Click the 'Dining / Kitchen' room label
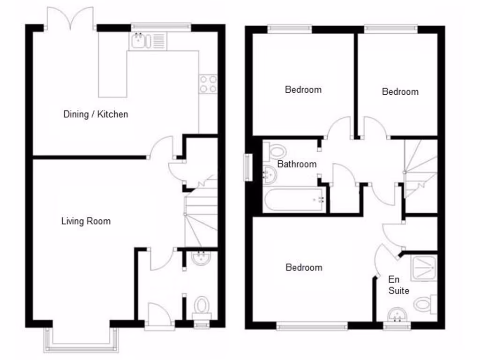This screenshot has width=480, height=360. tap(96, 114)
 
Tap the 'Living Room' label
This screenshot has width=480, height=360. tap(86, 221)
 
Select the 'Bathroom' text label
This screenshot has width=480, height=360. tap(297, 164)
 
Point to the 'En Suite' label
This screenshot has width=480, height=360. tap(398, 285)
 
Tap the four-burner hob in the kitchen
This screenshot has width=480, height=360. tap(208, 84)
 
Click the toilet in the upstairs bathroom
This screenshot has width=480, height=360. tap(276, 151)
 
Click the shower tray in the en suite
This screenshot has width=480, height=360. tap(424, 268)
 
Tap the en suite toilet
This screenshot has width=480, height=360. tap(425, 304)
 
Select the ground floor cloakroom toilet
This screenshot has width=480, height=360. tap(202, 306)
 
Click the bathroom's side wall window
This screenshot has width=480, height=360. tap(247, 167)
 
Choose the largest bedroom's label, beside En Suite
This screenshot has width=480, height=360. tap(304, 268)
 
